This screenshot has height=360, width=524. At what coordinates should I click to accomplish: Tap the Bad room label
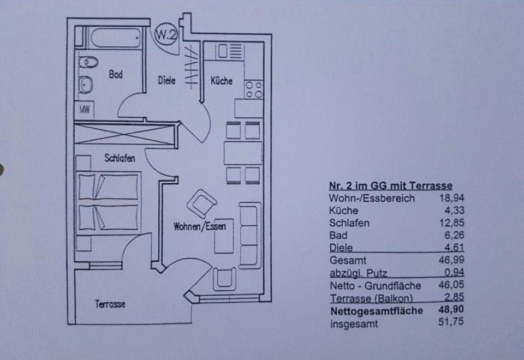(115, 75)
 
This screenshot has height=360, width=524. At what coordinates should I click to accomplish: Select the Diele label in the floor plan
(166, 80)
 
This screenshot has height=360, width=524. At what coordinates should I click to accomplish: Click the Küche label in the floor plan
(221, 80)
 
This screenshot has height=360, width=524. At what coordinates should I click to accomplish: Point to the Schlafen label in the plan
(120, 158)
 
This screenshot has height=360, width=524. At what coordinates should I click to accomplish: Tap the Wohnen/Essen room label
(199, 226)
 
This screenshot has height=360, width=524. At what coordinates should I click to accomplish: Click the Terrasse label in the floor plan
(110, 304)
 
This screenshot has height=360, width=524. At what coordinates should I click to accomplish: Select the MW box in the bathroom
(85, 109)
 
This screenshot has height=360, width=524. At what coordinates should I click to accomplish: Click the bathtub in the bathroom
(115, 38)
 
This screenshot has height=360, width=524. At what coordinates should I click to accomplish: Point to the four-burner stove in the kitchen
(254, 89)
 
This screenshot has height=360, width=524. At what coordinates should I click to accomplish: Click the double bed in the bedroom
(108, 202)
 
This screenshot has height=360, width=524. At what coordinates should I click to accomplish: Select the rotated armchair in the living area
(201, 203)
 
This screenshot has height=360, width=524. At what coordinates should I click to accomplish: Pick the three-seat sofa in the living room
(250, 235)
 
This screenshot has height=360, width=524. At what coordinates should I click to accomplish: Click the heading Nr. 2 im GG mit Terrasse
(390, 185)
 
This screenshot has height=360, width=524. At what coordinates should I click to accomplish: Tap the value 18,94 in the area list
(451, 198)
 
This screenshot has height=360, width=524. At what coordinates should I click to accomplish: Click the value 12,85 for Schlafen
(451, 223)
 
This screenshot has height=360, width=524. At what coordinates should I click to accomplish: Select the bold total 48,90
(451, 311)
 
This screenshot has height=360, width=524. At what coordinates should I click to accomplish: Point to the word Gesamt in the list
(348, 261)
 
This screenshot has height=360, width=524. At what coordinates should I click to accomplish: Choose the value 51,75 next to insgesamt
(451, 324)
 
